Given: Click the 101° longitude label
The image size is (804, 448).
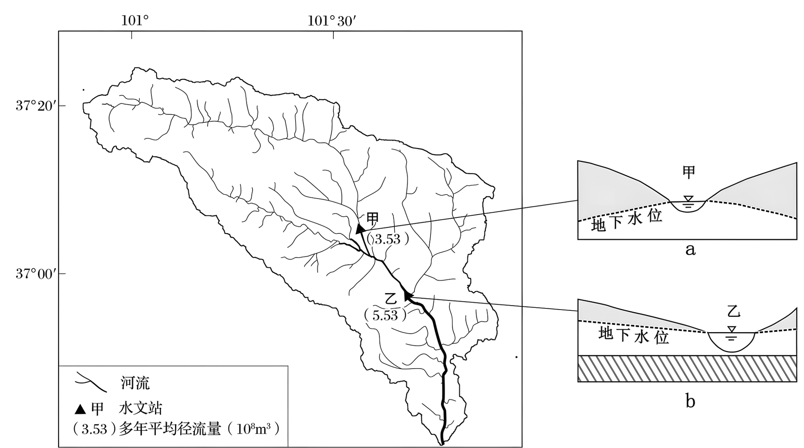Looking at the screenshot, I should coord(134,20).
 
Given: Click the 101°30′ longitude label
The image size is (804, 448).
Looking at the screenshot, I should coord(332,20).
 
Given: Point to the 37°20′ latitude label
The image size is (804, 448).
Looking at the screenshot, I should coord(34,106).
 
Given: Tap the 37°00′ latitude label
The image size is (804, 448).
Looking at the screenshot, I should coord(34,273).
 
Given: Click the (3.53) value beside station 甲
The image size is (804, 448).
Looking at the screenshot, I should coord(387,239).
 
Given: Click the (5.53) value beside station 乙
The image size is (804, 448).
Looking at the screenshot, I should coord(385,315).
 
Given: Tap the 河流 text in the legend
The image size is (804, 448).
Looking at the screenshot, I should coord(135,383).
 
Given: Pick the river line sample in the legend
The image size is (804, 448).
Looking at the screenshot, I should coord(91,382).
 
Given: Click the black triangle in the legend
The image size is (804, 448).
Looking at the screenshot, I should coord(80,409).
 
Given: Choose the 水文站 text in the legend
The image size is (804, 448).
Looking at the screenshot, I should coord(141,408).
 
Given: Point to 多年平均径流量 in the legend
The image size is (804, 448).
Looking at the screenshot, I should coord(170,429).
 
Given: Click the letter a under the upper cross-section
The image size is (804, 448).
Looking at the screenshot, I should coord(690,249).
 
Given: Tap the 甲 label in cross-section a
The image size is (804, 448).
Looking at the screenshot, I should coord(688,172).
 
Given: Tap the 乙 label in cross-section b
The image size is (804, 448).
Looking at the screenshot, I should coord(733,312).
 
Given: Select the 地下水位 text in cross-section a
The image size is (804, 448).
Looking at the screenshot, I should coord(626,221).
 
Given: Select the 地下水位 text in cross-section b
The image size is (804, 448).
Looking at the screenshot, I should coord(633,335).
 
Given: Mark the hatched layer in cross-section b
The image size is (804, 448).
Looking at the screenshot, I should coord(687,369).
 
